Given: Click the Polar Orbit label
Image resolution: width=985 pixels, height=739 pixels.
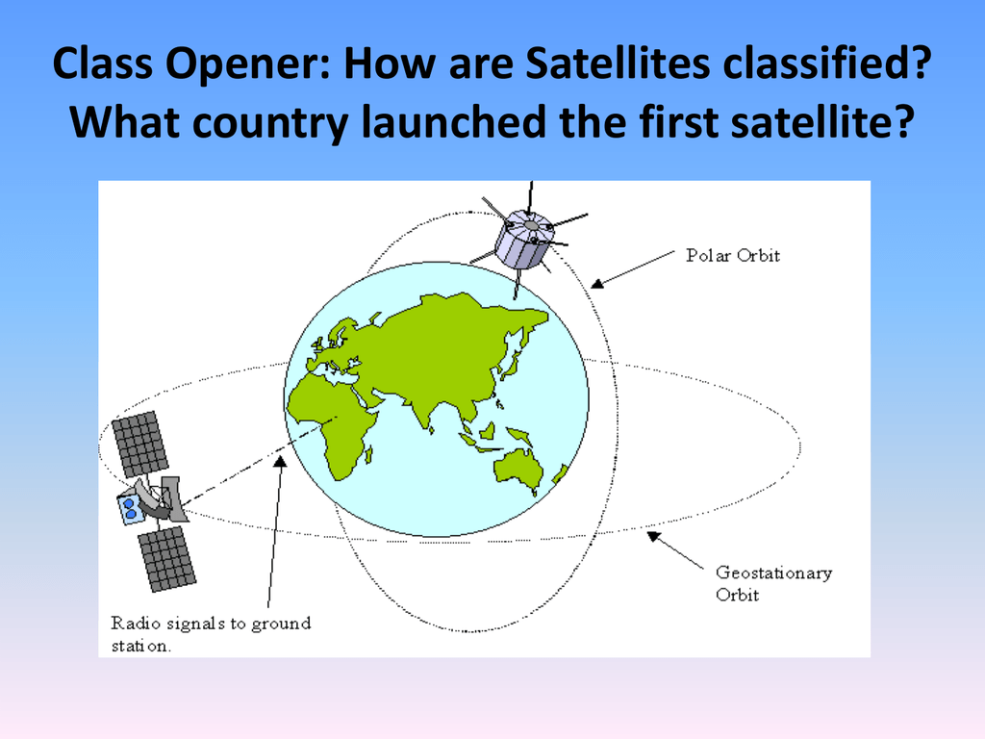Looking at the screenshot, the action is click(x=733, y=256).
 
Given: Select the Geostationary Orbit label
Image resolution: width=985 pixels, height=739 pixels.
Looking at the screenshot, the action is click(x=774, y=583).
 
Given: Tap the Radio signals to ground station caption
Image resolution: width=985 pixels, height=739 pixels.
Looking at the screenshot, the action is click(x=211, y=633).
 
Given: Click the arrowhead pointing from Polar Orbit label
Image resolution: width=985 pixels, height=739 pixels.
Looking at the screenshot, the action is click(x=597, y=284).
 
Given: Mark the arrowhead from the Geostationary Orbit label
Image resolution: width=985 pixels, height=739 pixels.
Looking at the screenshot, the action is click(x=654, y=536).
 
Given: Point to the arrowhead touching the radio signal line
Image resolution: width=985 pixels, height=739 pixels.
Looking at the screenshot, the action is click(x=281, y=461).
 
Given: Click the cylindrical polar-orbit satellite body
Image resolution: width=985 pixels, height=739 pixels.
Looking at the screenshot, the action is click(x=524, y=240).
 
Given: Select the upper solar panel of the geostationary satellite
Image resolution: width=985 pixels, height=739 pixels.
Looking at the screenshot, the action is click(x=140, y=444).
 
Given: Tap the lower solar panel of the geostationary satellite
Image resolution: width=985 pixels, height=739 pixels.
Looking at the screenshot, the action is click(x=167, y=559).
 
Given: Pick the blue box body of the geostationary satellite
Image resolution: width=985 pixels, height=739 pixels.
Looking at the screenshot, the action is click(x=131, y=508).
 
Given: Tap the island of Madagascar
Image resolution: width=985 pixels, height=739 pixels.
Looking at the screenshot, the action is click(x=368, y=454).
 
